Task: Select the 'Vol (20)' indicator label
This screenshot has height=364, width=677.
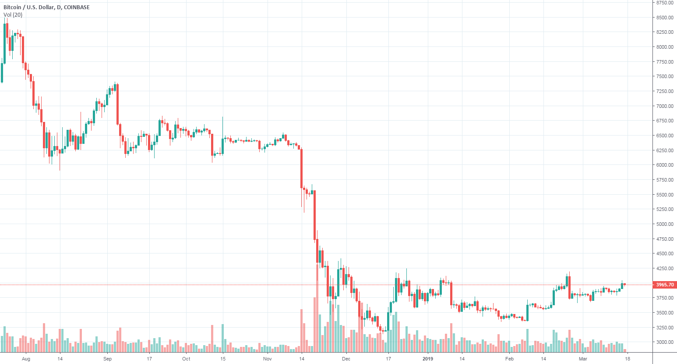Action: [13, 15]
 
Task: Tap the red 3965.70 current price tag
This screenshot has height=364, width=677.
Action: [665, 285]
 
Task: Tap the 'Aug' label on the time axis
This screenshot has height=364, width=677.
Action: [26, 359]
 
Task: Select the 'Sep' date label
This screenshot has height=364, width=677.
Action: [108, 359]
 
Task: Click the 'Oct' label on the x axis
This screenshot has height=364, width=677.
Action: [186, 359]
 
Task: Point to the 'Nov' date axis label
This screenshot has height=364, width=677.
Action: [268, 359]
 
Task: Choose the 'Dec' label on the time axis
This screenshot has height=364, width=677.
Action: [346, 359]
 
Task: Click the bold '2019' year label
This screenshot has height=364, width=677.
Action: [428, 359]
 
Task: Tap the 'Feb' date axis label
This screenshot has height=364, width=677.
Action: [509, 359]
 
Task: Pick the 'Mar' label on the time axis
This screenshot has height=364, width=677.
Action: [583, 359]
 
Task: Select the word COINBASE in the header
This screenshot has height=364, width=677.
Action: [77, 7]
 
